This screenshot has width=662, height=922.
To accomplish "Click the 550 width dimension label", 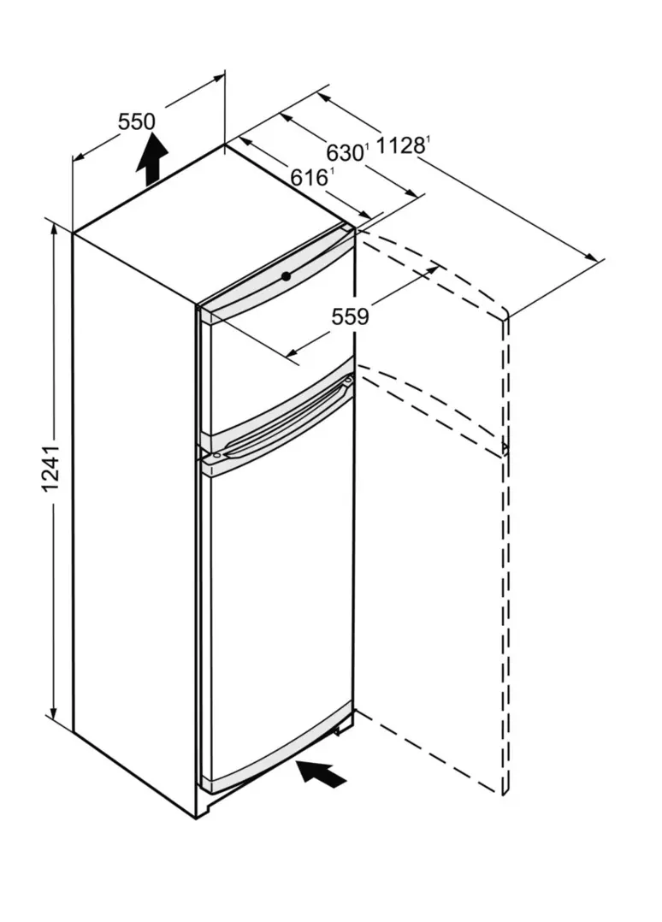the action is coord(136,121).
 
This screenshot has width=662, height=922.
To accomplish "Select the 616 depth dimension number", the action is coord(309,176).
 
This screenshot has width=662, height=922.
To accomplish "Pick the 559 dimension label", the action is coord(351,317).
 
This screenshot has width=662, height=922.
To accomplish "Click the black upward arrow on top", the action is coord(152,158).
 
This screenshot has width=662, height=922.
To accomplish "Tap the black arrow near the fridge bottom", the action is coord(321,772).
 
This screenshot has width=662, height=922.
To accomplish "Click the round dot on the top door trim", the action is coord(286,275).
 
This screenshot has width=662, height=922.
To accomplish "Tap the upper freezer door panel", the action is coord(277,352).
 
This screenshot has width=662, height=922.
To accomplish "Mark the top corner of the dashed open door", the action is coord(505,311).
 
